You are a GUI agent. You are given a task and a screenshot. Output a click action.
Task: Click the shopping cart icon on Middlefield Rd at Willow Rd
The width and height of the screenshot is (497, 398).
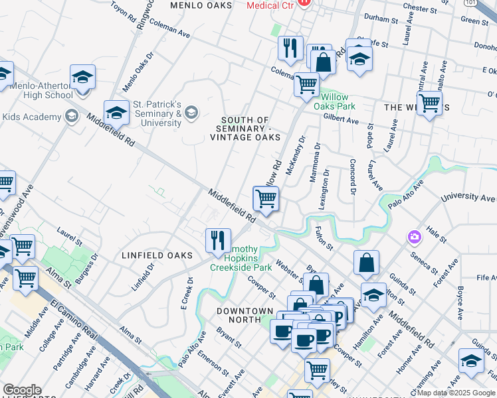pos(266,198)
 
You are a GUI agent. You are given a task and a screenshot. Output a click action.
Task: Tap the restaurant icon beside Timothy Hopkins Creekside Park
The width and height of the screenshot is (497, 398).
pos(218,241)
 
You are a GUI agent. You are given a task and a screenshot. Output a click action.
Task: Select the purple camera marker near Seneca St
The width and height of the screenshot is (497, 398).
pos(415,237)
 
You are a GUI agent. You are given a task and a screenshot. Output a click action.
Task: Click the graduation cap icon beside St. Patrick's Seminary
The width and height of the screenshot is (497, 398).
pos(116,113)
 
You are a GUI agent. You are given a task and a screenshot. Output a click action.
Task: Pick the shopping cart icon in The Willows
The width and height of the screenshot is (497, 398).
pos(430,103)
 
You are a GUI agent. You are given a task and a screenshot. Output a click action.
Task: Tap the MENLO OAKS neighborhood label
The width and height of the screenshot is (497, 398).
pos(201,5)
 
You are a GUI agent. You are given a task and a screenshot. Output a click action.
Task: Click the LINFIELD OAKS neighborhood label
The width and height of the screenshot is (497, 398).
pos(157,255)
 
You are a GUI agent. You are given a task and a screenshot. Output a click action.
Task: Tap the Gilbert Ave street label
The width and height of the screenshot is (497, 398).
pos(341,121)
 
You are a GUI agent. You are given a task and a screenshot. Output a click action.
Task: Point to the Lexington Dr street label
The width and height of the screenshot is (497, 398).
pos(324,190)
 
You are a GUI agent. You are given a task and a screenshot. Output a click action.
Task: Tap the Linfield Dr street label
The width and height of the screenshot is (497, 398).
pos(144,276)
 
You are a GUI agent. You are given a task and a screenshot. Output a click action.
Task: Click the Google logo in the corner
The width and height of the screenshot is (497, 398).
pos(22,390)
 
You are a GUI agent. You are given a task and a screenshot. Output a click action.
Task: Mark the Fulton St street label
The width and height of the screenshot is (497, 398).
pos(324,239)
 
